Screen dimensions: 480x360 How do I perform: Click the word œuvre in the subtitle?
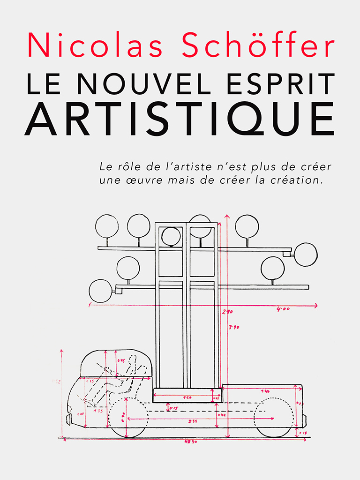point(150,180)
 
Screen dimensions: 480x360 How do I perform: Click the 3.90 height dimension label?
point(233,327)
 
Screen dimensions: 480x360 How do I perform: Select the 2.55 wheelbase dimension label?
point(193,421)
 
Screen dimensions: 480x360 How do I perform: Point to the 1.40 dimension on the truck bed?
point(265,391)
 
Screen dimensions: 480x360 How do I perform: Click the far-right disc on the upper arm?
point(306,254)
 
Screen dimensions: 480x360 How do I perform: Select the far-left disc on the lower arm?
point(100,291)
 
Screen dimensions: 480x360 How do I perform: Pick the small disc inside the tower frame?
point(171,237)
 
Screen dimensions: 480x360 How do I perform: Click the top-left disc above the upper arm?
point(107,226)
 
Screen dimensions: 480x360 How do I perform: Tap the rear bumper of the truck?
point(304,420)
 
